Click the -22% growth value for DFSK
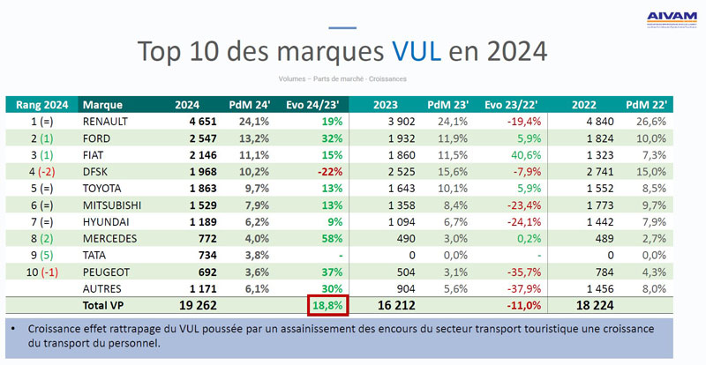330,171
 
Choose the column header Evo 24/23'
318,104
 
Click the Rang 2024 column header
41,104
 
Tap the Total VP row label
103,306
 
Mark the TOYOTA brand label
103,189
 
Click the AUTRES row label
102,288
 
